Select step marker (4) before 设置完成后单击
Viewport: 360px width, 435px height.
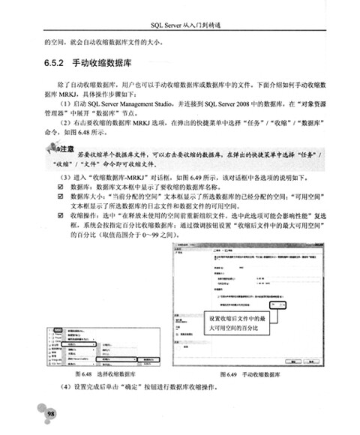tap(62, 388)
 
